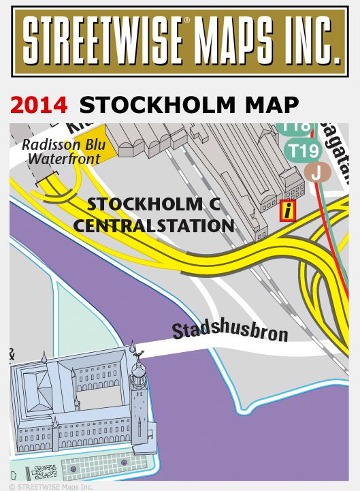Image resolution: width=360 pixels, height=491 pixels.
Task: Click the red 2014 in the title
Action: tap(39, 105)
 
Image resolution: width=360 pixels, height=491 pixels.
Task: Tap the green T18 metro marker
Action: tap(297, 127)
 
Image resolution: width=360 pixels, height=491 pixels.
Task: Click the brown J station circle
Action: tap(315, 172)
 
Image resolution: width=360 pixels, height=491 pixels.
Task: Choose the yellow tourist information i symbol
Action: tap(289, 211)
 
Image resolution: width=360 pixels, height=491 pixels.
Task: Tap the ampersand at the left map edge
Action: tap(13, 353)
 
